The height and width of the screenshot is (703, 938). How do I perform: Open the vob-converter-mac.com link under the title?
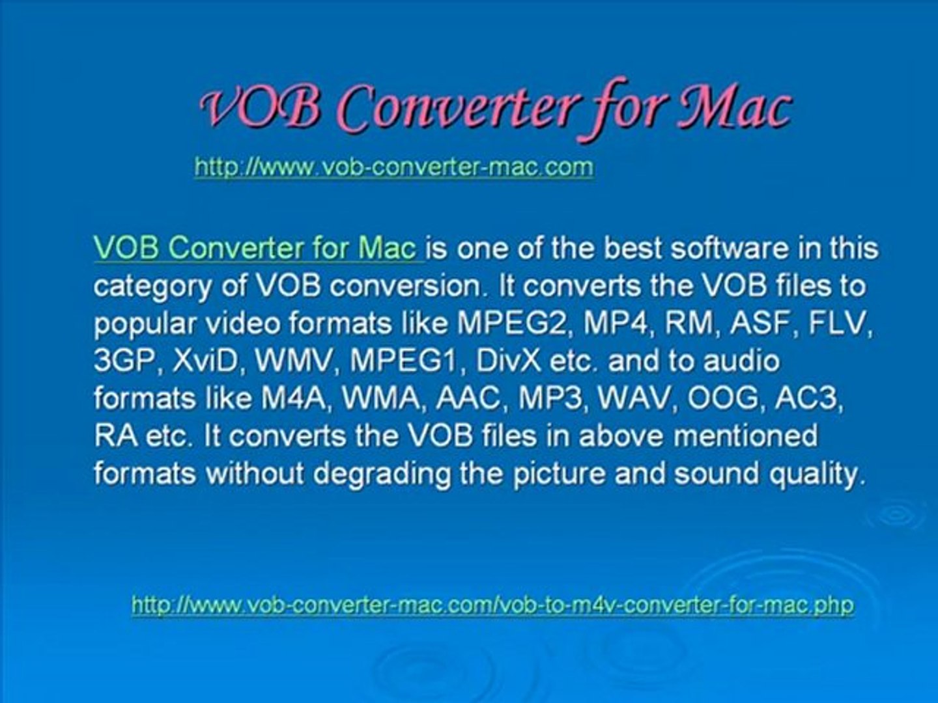[x=394, y=167]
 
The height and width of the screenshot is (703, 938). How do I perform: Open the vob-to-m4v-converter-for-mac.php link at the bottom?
[x=492, y=605]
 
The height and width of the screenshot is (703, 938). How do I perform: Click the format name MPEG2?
[x=512, y=324]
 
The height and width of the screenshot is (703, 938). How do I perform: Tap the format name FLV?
[x=839, y=324]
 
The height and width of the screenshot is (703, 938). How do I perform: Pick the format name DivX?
[x=508, y=361]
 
